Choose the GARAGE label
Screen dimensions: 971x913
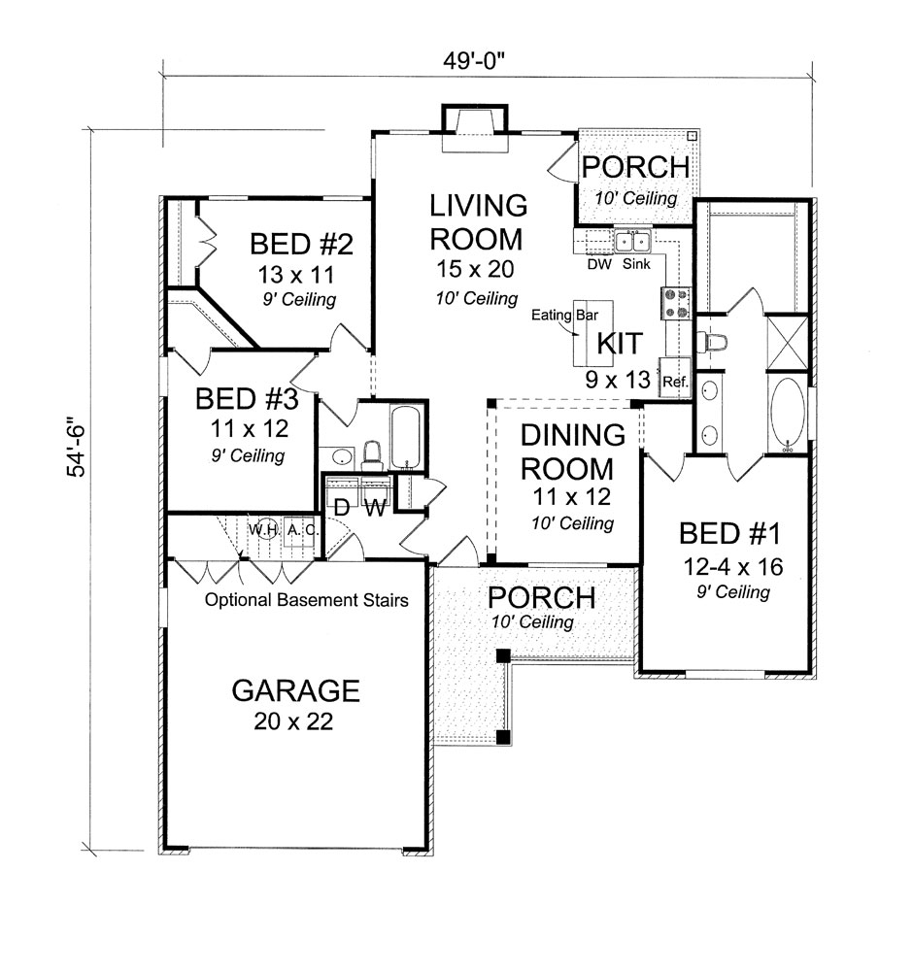[x=295, y=690]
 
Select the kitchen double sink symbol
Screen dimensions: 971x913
[x=631, y=241]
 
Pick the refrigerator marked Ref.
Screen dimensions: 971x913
[x=675, y=380]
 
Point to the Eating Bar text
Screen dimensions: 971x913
[x=564, y=315]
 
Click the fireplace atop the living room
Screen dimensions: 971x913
[x=475, y=126]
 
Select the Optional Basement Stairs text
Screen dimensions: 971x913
[x=306, y=600]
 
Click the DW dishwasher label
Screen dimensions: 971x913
[x=598, y=263]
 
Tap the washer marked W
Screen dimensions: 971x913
[x=375, y=507]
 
